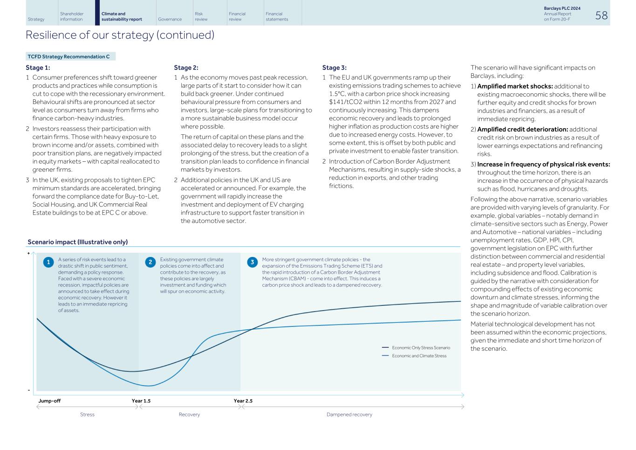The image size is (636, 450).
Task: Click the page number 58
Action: [601, 15]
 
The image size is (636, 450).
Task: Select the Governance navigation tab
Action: [170, 20]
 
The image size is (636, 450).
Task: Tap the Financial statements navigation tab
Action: [277, 17]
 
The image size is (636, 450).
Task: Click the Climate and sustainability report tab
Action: [122, 17]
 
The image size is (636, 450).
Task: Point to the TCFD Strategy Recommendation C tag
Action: [69, 56]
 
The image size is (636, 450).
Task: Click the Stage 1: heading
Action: [38, 68]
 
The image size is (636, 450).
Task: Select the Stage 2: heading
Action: [186, 68]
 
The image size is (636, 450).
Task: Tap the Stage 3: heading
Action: [334, 68]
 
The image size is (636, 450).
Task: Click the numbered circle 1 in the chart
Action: [48, 262]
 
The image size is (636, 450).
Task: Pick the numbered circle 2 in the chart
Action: [150, 262]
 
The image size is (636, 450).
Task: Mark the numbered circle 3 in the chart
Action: [252, 262]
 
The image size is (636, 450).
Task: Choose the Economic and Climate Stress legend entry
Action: [419, 356]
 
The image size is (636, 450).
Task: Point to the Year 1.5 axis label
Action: [141, 401]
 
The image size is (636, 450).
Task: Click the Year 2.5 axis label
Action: [243, 401]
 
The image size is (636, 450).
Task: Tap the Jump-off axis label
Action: [49, 401]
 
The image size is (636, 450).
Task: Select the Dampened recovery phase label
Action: [349, 415]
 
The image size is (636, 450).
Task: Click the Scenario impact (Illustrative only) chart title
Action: [77, 242]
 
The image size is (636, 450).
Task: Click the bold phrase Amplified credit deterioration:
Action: [522, 129]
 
